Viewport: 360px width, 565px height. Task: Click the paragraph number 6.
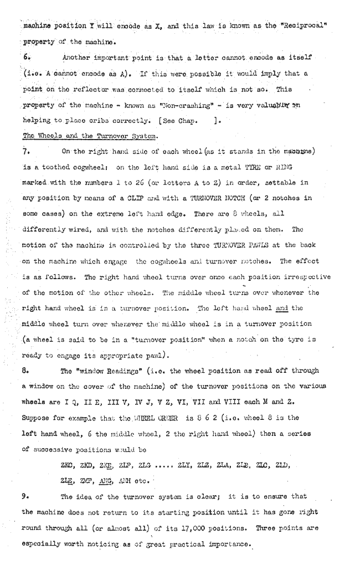[25, 56]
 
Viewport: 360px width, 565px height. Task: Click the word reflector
[74, 89]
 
